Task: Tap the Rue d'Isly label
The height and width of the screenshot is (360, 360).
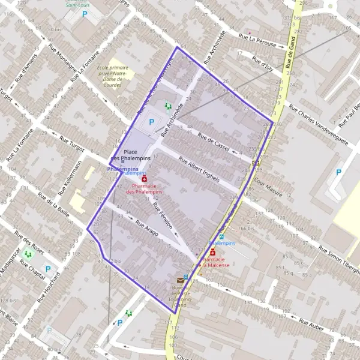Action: click(x=263, y=63)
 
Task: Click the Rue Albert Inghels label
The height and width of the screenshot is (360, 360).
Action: click(x=200, y=170)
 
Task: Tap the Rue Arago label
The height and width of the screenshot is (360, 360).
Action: click(x=148, y=229)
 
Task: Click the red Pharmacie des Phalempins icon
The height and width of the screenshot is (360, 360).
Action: click(x=144, y=179)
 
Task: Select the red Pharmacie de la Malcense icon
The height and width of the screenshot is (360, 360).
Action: click(x=212, y=253)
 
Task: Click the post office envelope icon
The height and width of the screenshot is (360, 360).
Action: click(x=180, y=280)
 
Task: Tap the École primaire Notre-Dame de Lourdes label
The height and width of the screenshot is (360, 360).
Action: click(x=112, y=76)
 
